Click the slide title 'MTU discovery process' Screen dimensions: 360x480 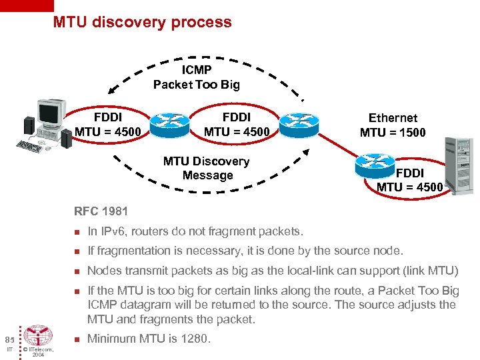click(x=143, y=22)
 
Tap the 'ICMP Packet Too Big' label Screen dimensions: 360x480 click(x=196, y=77)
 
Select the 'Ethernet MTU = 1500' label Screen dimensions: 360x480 click(x=393, y=125)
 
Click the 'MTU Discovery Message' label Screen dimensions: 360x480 click(x=207, y=168)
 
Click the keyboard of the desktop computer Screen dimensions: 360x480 click(x=29, y=145)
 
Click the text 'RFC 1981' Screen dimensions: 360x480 click(x=101, y=212)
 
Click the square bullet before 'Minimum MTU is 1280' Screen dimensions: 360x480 click(x=77, y=339)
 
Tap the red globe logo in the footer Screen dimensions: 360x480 click(x=39, y=336)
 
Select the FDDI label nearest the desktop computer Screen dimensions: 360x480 click(x=108, y=125)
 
